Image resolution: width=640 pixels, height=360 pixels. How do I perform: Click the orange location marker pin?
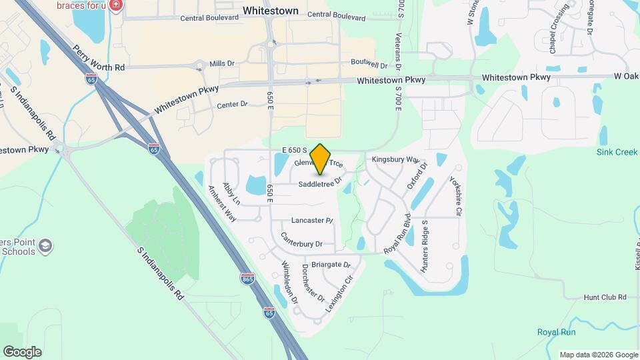click(x=321, y=159)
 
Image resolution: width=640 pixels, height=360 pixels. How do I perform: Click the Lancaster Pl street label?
click(x=312, y=220)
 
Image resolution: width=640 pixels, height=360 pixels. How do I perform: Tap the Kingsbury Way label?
click(x=395, y=160)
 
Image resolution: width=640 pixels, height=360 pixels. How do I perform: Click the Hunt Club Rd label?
click(x=605, y=297)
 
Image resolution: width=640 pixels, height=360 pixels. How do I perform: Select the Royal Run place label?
click(x=557, y=332)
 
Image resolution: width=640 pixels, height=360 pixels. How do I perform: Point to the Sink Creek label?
click(x=617, y=152)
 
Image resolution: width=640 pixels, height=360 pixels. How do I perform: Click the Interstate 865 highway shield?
click(x=247, y=277)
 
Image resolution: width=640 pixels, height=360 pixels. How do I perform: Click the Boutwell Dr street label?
click(x=369, y=65)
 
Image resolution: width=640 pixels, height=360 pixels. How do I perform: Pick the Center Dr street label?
click(x=233, y=105)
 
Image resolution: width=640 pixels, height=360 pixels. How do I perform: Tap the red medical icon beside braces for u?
click(x=117, y=5)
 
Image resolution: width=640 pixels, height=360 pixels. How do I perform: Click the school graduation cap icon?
click(x=45, y=247)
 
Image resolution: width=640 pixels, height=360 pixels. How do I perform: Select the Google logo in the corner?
click(x=22, y=352)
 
